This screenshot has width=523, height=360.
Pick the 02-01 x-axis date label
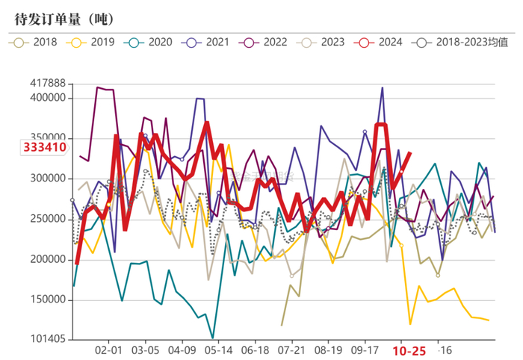[110, 350]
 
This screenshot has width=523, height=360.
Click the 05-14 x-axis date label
[218, 350]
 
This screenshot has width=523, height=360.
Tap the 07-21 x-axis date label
[291, 350]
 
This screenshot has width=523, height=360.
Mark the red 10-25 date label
[410, 350]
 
